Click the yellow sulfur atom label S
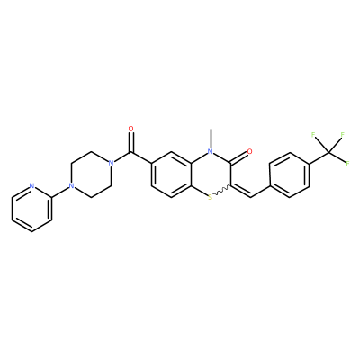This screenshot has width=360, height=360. point(211,197)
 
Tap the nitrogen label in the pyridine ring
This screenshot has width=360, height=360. point(31,186)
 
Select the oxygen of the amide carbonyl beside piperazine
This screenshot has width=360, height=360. point(130,129)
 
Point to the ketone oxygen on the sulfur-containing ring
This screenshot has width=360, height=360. point(249,152)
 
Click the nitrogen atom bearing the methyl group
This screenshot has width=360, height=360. point(211,152)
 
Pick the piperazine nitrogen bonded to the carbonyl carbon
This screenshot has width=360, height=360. point(111,164)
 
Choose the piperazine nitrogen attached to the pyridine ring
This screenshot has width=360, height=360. point(71,186)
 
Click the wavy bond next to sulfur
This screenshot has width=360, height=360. point(222,190)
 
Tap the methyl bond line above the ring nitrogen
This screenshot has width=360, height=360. point(211,139)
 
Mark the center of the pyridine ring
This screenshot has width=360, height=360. point(31,209)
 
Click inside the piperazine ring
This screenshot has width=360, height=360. point(91,175)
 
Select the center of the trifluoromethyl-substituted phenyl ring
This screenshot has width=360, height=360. point(290,175)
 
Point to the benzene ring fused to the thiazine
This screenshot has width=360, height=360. point(171,175)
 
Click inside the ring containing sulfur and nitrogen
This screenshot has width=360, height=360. point(211,175)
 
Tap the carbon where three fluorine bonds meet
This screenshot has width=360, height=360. point(329,152)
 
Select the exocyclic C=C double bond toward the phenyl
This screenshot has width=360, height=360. point(240,191)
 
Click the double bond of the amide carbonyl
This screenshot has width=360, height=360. point(130,143)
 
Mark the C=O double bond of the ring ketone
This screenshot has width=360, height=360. point(239,157)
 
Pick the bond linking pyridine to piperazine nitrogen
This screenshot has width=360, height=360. point(61,192)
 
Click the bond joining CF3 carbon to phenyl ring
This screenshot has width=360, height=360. point(319,157)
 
